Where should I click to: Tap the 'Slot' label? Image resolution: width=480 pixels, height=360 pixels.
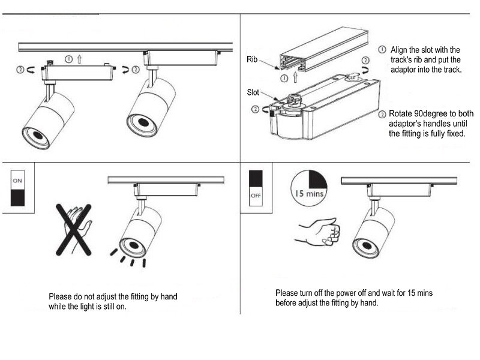253,92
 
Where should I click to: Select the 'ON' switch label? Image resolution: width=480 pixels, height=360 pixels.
17,179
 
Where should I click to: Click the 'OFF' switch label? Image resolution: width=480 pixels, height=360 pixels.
256,195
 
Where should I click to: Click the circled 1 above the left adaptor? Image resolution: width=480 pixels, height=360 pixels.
69,59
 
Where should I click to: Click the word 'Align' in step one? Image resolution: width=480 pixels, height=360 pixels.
401,50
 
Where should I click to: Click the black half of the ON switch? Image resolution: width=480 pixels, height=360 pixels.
17,197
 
